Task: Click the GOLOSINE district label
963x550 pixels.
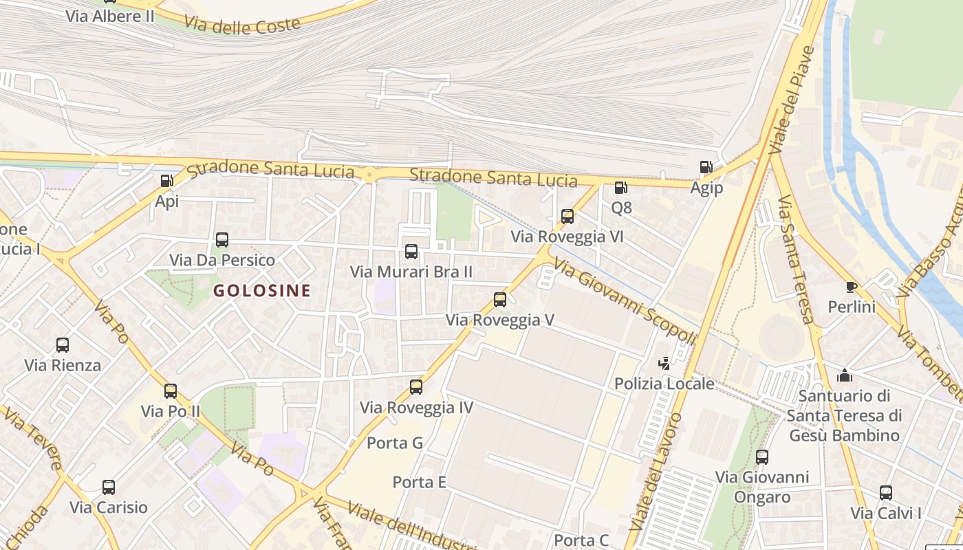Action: (261, 290)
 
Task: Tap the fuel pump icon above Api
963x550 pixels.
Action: (166, 181)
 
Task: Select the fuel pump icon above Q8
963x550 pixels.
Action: (620, 187)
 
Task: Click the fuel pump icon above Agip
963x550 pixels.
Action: (706, 167)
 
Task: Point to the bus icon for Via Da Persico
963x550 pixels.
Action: (221, 240)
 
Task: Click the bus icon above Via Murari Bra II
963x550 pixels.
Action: (411, 252)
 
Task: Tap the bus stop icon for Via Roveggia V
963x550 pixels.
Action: (500, 300)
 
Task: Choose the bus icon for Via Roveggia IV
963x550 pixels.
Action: (416, 387)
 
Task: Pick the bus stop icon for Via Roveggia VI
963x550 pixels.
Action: (567, 217)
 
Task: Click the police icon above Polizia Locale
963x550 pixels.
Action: (664, 363)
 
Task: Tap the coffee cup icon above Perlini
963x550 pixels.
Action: (852, 287)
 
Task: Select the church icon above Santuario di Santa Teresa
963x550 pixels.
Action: (844, 375)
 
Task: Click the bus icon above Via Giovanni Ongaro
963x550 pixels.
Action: (762, 456)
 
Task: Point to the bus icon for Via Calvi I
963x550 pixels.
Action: (886, 493)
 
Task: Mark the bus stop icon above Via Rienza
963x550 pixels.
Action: (63, 345)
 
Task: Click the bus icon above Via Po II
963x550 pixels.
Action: (171, 391)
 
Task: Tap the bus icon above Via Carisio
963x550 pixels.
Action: (109, 487)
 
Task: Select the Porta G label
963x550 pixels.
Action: (395, 443)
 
